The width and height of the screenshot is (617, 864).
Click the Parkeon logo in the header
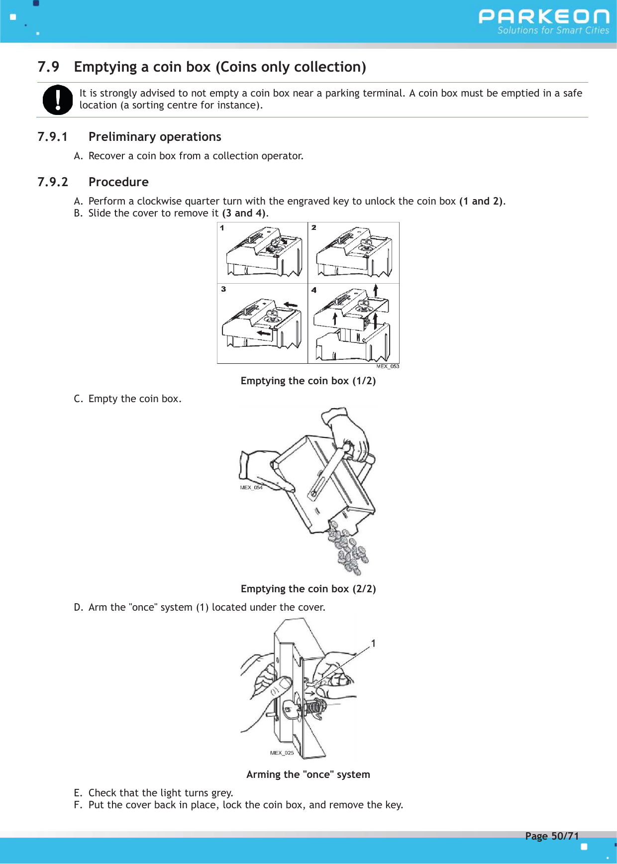tap(543, 17)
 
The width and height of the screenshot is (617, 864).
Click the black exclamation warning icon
tap(58, 100)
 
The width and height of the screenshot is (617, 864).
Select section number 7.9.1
tap(52, 137)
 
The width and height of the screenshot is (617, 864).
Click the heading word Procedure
tap(118, 182)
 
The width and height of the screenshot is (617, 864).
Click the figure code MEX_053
tap(388, 366)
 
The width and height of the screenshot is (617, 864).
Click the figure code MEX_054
tap(251, 488)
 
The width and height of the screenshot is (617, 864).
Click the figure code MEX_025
tap(282, 753)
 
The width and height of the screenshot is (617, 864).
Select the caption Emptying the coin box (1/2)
tap(308, 381)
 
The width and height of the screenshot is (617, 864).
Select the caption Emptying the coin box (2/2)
tap(308, 589)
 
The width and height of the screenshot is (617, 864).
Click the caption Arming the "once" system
tap(308, 775)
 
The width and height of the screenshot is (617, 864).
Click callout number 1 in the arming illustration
tap(373, 644)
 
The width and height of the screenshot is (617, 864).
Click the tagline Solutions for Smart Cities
tap(553, 30)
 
